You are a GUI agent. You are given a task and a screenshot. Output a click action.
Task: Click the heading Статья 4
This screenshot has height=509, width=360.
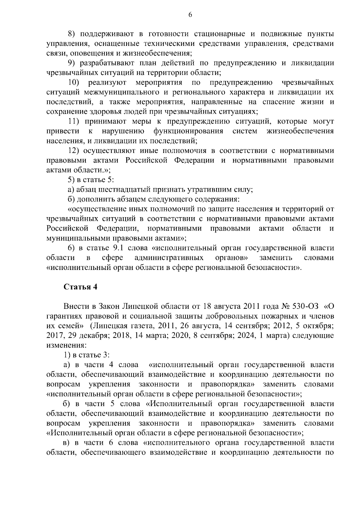point(80,287)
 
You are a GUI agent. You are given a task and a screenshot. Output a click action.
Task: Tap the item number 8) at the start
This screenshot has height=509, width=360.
point(71,34)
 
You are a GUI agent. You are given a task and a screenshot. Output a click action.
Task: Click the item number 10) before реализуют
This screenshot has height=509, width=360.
point(73,82)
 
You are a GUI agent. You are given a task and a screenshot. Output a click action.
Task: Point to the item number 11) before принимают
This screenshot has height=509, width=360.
point(73,121)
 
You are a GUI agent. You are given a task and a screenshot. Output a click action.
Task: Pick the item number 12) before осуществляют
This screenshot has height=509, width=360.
point(73,151)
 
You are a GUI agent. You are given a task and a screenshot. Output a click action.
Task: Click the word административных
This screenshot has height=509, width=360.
point(169,258)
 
